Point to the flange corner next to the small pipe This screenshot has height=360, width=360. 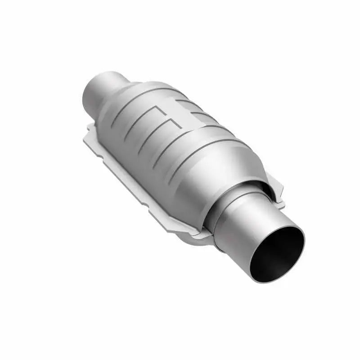(x=90, y=130)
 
